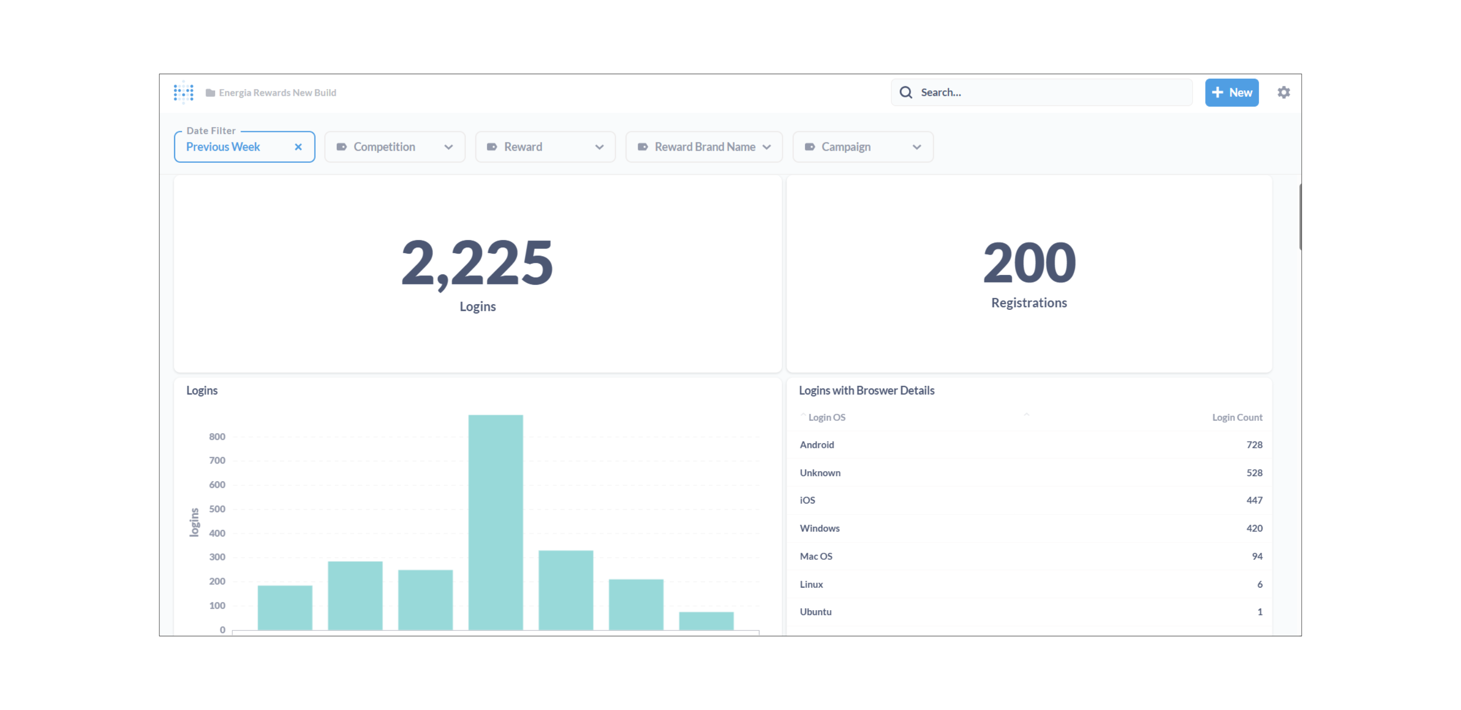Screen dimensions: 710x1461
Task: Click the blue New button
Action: click(x=1231, y=92)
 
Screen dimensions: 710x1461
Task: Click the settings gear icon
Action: click(x=1283, y=92)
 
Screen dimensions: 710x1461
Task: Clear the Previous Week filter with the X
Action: click(x=298, y=147)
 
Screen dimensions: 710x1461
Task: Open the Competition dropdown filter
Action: click(x=395, y=147)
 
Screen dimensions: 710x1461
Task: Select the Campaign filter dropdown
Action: click(x=862, y=147)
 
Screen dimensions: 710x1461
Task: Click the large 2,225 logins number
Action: click(x=477, y=262)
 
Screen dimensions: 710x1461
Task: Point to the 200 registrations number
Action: click(x=1029, y=262)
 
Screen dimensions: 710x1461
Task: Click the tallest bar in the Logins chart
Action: click(x=496, y=522)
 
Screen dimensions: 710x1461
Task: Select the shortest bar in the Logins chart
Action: click(x=706, y=620)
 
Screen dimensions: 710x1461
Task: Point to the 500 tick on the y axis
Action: click(x=217, y=509)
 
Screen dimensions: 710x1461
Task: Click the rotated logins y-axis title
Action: click(x=194, y=522)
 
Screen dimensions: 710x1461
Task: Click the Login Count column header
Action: click(x=1237, y=417)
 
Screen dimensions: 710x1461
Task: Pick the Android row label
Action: click(x=817, y=445)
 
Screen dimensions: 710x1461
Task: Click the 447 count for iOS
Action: click(x=1254, y=500)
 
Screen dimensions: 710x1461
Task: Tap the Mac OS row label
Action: click(x=816, y=556)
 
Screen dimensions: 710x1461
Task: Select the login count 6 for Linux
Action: click(x=1260, y=584)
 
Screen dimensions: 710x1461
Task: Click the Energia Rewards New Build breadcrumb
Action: click(x=277, y=92)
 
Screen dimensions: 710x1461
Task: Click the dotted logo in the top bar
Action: click(x=184, y=92)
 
